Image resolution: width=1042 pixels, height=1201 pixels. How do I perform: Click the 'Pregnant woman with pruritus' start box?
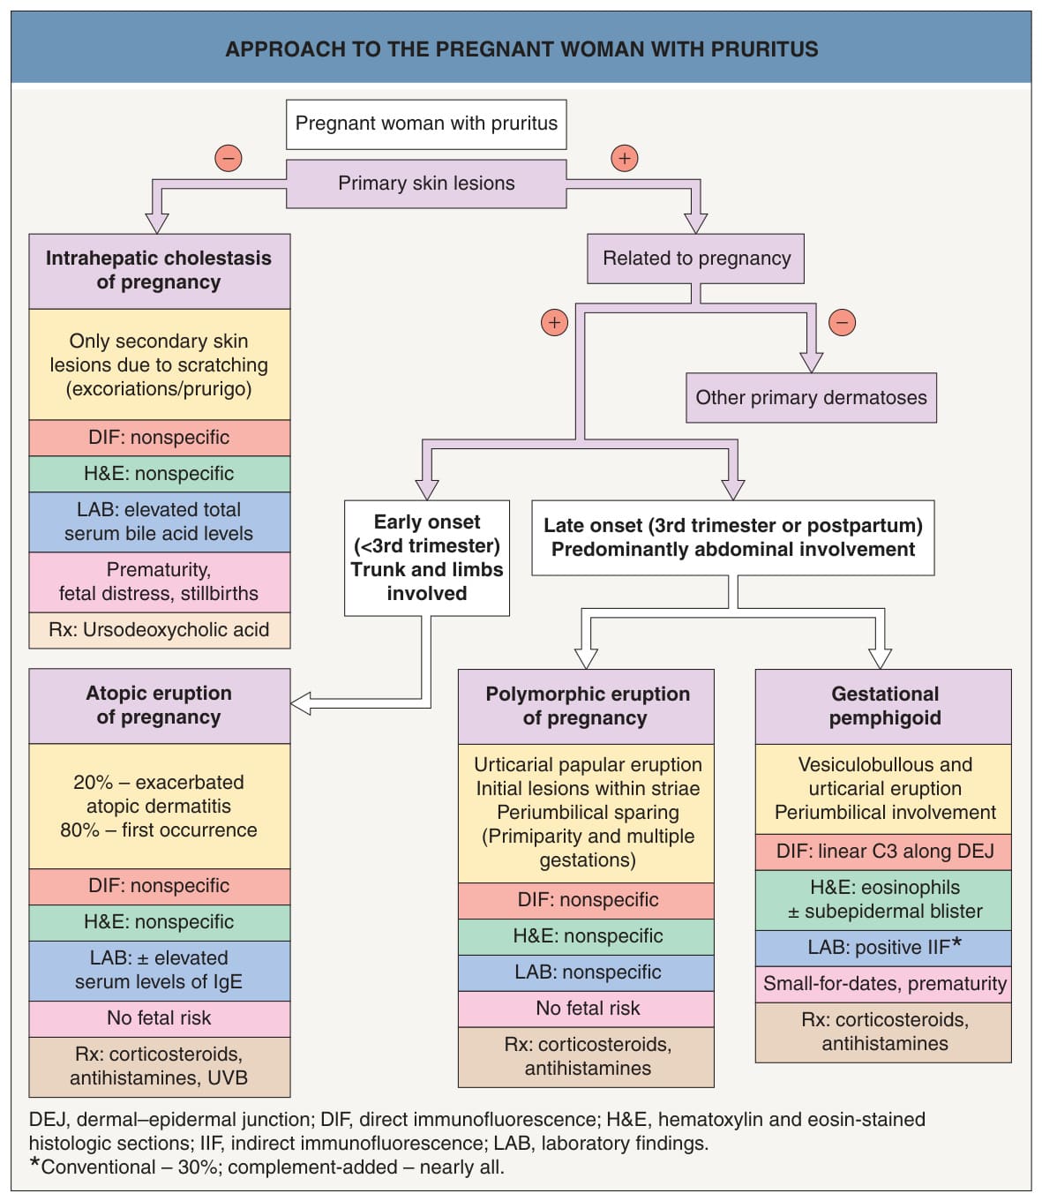click(426, 124)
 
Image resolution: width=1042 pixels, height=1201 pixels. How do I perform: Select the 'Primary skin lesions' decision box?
click(426, 184)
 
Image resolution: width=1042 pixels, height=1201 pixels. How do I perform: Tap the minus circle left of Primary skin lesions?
click(229, 158)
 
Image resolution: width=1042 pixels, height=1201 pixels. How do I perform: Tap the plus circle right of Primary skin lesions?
click(625, 158)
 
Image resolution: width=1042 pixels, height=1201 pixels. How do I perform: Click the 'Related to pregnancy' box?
click(695, 259)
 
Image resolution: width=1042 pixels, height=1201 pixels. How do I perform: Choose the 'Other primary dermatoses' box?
click(811, 397)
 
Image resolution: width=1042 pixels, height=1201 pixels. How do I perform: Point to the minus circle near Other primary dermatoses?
click(842, 322)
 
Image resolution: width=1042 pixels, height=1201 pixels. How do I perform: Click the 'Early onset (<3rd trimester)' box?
click(426, 558)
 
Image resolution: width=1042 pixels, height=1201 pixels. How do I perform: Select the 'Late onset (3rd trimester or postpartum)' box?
click(733, 537)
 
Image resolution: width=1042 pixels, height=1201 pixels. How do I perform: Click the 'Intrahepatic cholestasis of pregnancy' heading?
click(160, 271)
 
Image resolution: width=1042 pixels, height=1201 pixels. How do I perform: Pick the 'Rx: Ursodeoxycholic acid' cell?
click(160, 630)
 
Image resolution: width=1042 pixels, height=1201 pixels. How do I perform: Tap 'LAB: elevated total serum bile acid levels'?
click(160, 522)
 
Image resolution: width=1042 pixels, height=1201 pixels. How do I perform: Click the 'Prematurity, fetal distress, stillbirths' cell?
click(160, 582)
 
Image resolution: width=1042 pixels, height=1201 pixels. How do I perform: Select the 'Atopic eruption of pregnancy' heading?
click(160, 706)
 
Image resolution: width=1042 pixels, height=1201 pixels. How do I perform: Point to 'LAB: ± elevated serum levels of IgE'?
click(160, 971)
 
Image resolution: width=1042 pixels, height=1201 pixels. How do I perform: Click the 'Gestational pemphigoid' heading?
click(883, 707)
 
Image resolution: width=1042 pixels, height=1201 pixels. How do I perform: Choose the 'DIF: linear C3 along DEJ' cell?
click(883, 852)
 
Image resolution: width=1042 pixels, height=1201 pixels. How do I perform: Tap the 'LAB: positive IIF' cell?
click(883, 948)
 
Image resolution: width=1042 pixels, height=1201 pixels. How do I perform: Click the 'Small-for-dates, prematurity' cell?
click(883, 985)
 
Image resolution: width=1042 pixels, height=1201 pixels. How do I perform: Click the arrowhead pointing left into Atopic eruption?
click(300, 703)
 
